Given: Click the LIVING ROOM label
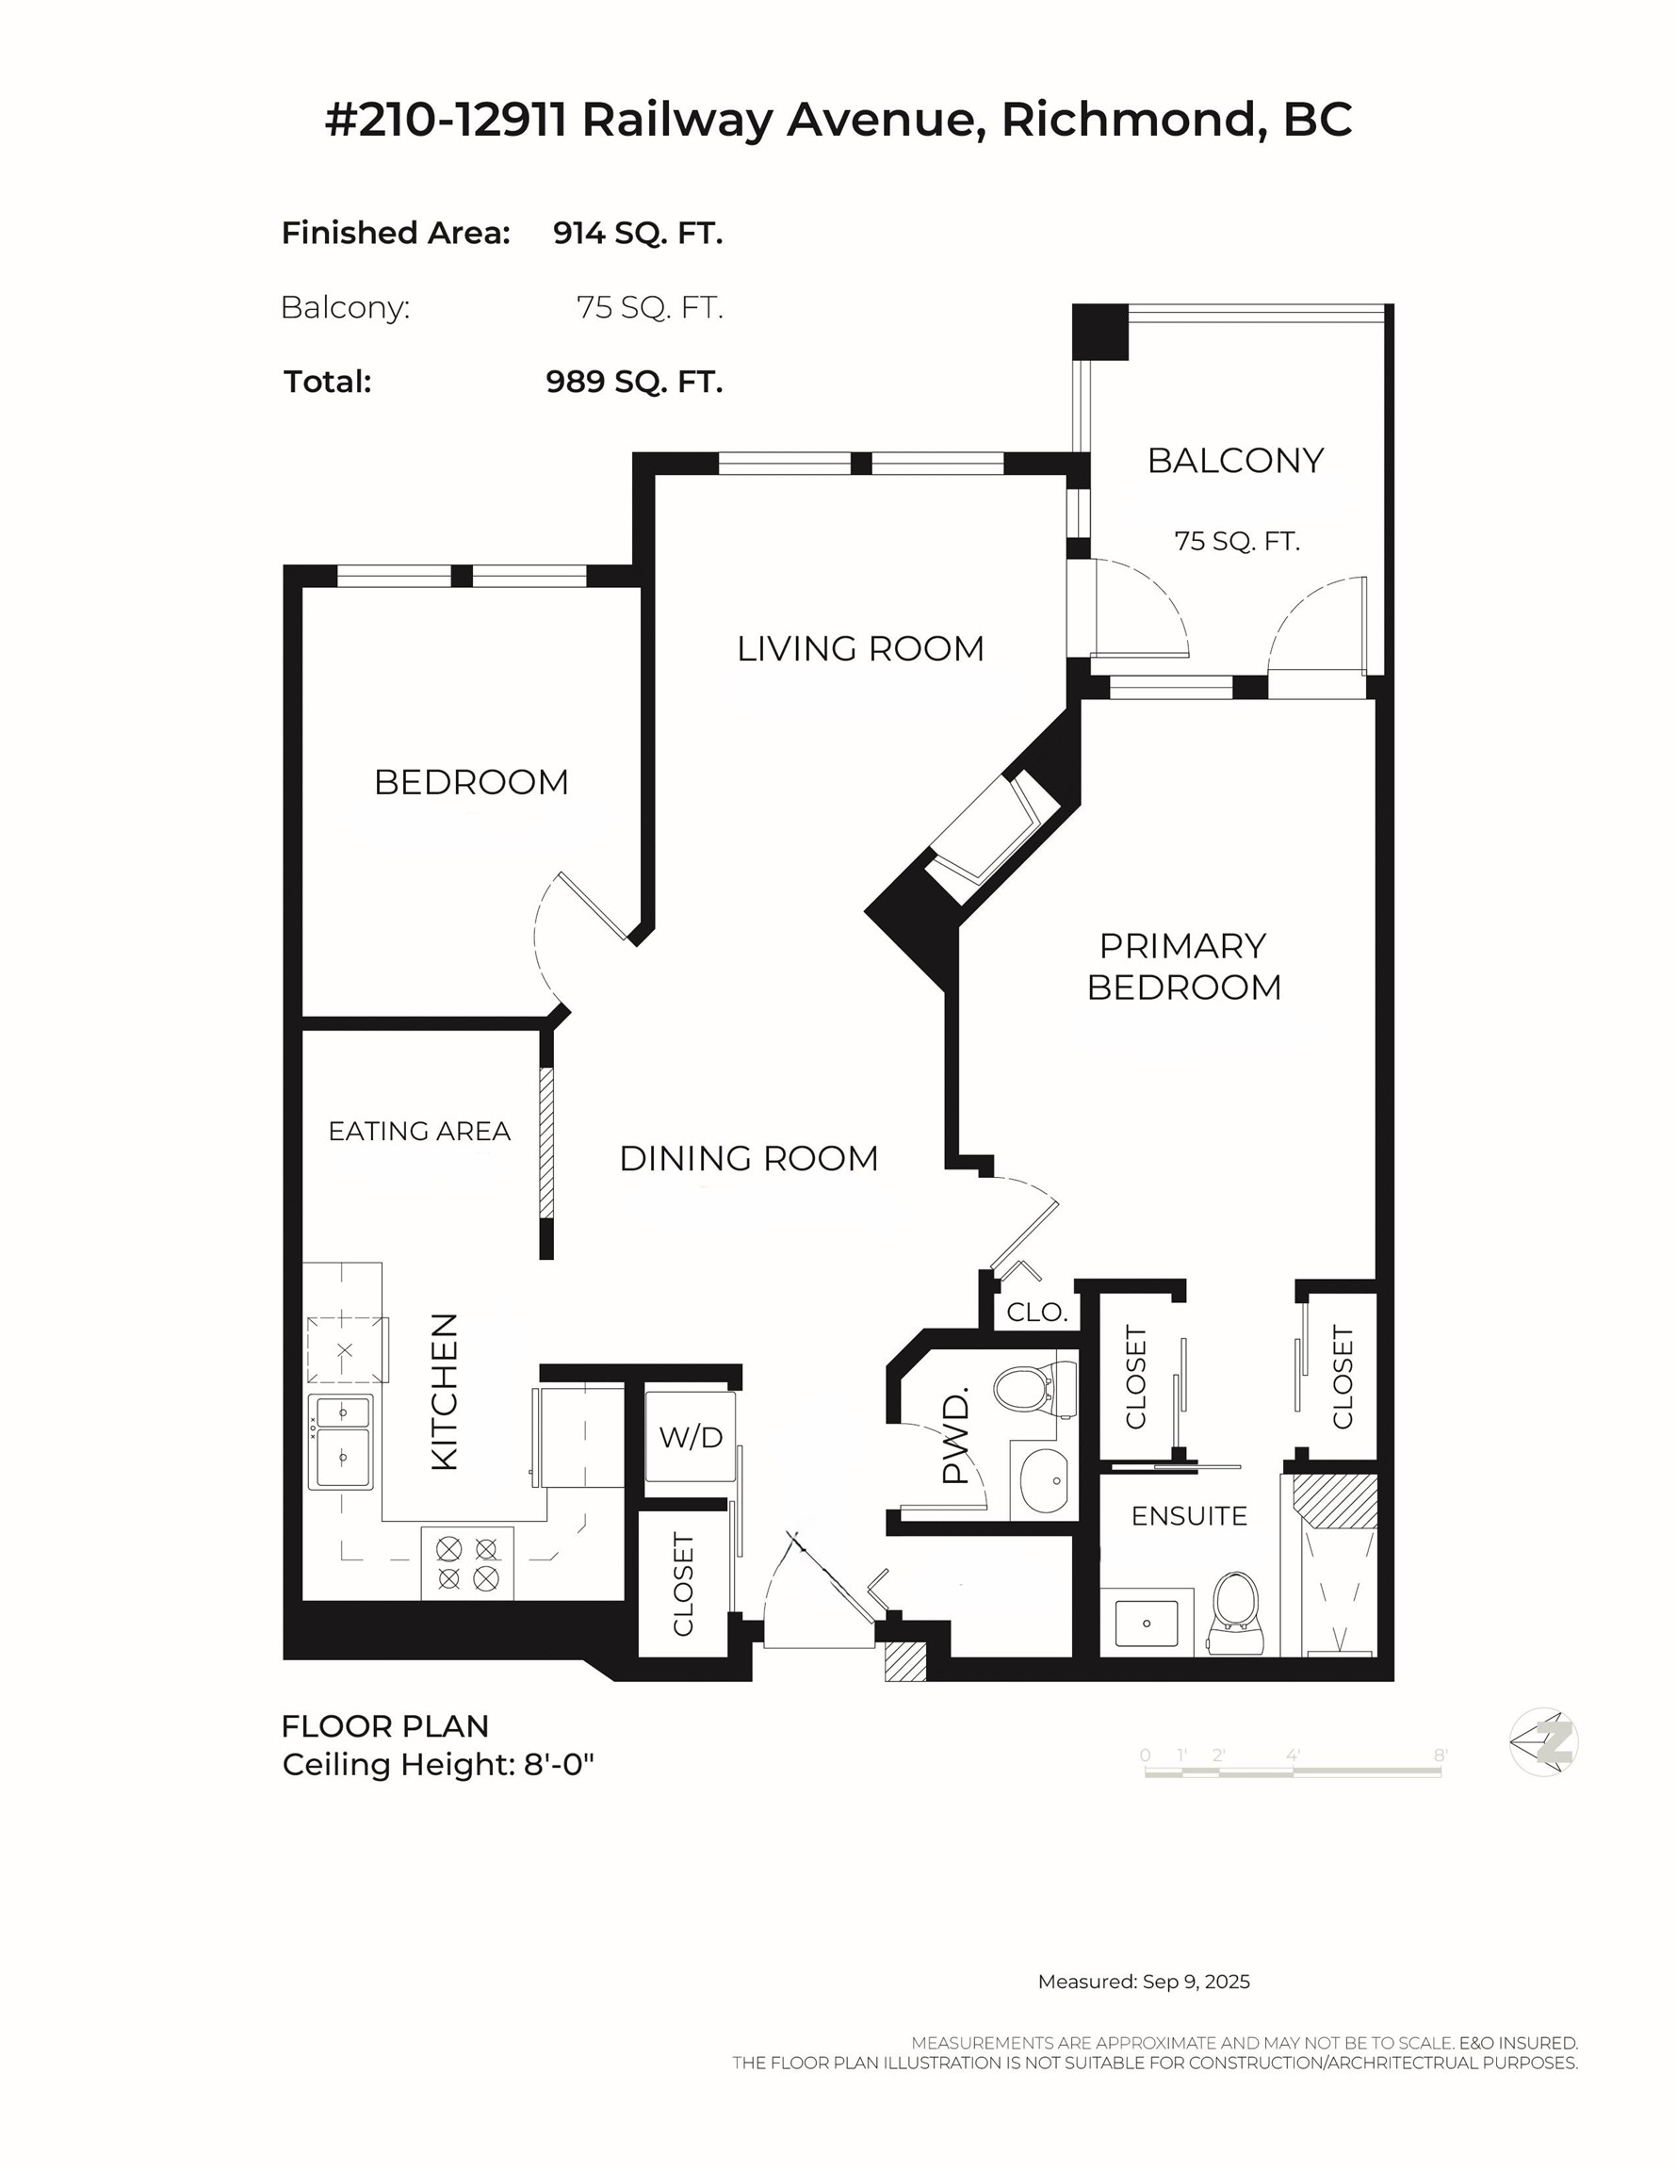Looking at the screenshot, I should tap(860, 649).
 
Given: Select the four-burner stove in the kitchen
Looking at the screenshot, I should tap(467, 1562).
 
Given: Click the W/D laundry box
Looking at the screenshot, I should tap(690, 1437).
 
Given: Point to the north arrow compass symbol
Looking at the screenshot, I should tap(1544, 1742).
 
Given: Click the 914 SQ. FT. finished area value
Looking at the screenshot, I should tap(637, 234).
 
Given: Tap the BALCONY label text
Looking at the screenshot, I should tap(1234, 461).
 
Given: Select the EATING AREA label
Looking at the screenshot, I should tap(418, 1132).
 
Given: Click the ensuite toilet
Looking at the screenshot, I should tap(1236, 1610).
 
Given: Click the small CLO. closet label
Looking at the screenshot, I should tap(1035, 1313).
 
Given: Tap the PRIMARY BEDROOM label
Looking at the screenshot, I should tap(1183, 966).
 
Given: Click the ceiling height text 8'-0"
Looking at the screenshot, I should tap(555, 1766).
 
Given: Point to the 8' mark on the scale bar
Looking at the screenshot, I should tap(1440, 1756).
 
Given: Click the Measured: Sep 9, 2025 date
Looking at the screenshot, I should tap(1143, 1983).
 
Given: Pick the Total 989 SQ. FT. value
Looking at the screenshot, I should tap(633, 383).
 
